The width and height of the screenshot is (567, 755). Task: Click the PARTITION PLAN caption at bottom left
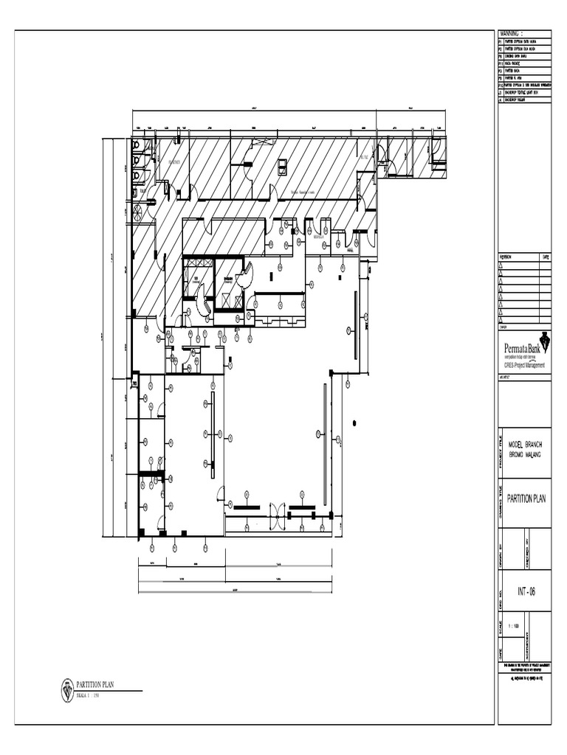tap(100, 685)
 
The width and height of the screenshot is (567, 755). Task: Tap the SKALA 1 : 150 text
tap(92, 695)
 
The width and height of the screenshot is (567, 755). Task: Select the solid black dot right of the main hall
tap(355, 422)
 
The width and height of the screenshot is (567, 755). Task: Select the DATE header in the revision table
tap(545, 257)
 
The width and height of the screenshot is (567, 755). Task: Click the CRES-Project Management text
tap(524, 365)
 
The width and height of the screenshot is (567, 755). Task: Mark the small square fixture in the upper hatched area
tap(282, 168)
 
